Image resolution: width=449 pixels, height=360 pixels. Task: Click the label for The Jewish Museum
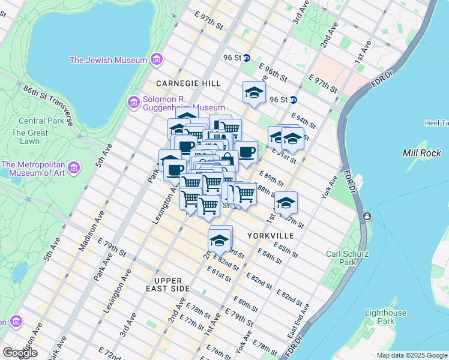[x=108, y=60]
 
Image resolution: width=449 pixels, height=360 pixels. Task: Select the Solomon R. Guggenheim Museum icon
[x=133, y=103]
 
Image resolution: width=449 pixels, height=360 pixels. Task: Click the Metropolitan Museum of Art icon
[x=74, y=169]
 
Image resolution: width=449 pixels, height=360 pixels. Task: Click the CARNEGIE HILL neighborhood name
[x=188, y=83]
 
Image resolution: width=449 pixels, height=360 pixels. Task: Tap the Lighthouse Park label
[x=385, y=317]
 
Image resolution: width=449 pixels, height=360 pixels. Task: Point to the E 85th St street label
[x=285, y=250]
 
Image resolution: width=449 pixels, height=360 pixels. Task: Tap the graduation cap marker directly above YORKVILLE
[x=286, y=203]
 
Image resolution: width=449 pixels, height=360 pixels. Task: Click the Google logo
[x=19, y=352]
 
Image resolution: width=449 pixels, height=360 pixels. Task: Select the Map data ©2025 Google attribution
[x=411, y=355]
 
